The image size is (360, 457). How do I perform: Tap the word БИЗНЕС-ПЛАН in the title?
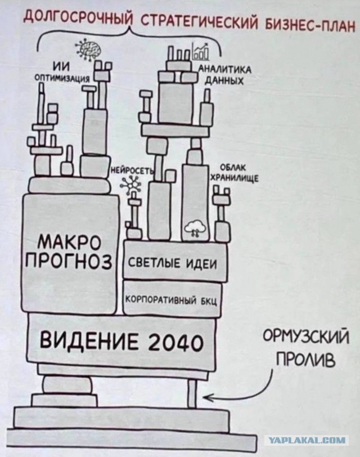[x=309, y=25]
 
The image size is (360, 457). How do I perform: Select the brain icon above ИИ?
[x=87, y=48]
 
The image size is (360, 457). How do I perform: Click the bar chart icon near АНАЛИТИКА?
[x=200, y=52]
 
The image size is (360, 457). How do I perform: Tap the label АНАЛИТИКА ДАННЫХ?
[x=224, y=75]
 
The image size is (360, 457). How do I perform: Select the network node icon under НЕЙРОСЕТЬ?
[x=130, y=185]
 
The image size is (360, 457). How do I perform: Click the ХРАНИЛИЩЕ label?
[x=235, y=177]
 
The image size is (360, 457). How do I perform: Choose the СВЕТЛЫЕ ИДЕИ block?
[x=175, y=261]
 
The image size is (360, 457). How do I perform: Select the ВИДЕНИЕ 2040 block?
[x=121, y=340]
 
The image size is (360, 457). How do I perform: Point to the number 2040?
[x=175, y=342]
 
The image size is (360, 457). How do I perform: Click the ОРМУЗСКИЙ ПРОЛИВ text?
[x=306, y=348]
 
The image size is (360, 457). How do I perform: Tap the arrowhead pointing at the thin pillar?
[x=208, y=397]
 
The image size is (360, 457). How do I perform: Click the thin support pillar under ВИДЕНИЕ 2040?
[x=191, y=392]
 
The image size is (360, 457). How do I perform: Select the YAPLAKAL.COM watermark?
[x=307, y=440]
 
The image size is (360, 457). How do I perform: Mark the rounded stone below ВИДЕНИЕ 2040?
[x=66, y=385]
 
